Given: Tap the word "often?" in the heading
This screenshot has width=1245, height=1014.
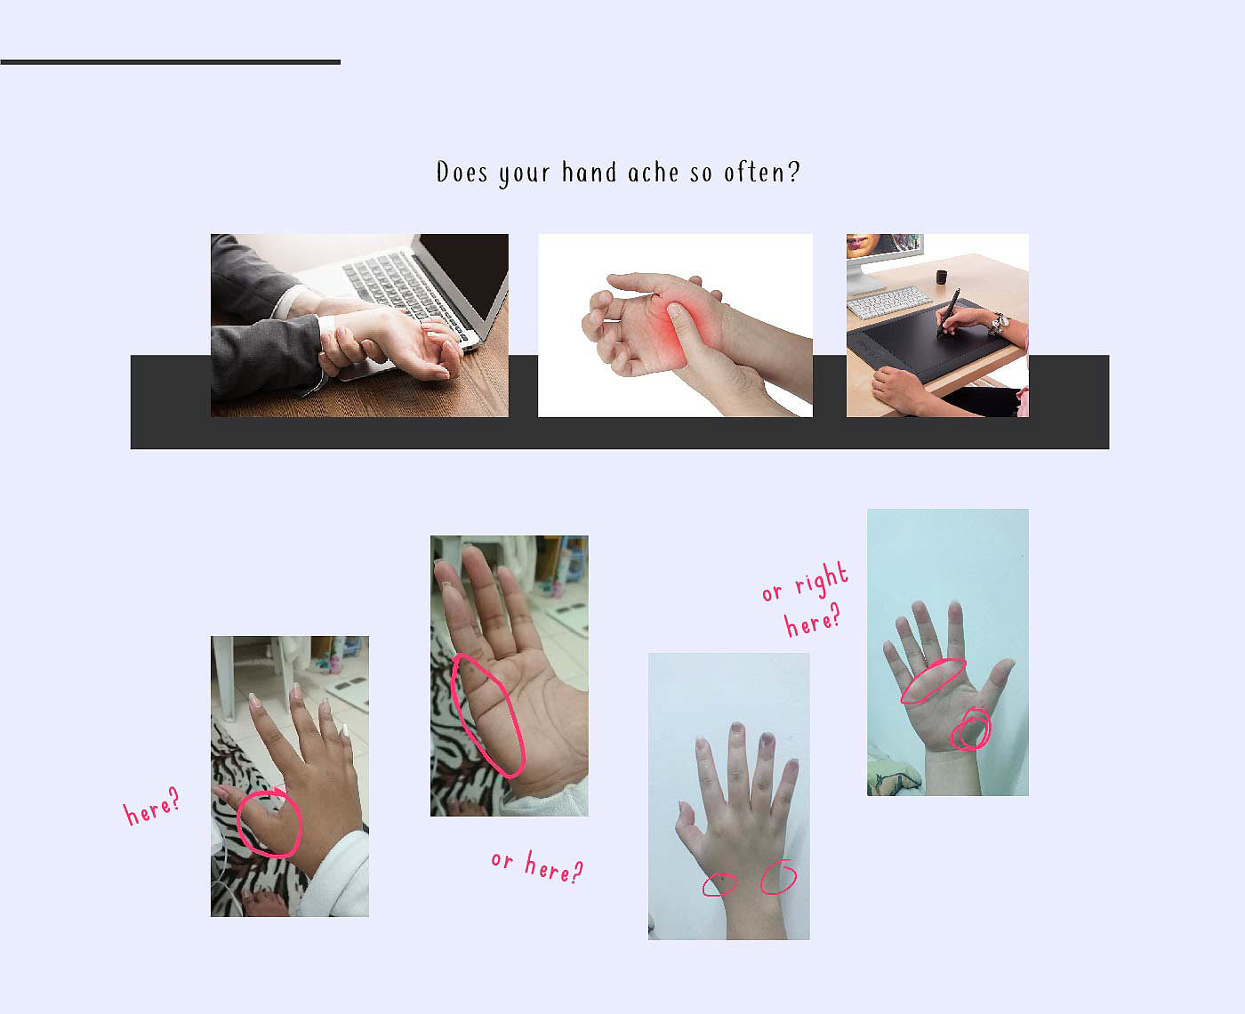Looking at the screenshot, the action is [761, 173].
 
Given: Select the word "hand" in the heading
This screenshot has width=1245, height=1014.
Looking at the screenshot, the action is [590, 173].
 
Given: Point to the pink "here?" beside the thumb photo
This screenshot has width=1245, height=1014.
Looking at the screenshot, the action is [151, 807].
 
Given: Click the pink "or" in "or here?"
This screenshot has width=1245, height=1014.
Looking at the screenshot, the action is [502, 860].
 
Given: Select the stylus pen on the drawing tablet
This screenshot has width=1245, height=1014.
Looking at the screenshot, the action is [948, 312].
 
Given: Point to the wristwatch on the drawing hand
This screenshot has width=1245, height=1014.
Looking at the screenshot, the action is [999, 323].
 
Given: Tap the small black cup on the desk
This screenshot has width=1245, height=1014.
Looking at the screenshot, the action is [941, 277].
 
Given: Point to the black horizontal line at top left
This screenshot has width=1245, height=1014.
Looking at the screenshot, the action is [170, 62].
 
